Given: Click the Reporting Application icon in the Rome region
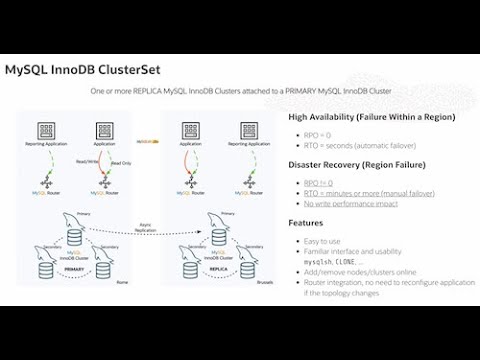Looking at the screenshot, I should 45,131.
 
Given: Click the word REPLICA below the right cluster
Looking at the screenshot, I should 218,269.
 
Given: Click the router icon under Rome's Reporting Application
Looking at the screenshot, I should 45,183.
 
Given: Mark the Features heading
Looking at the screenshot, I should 305,223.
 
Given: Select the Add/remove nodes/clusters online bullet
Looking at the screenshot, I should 360,271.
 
